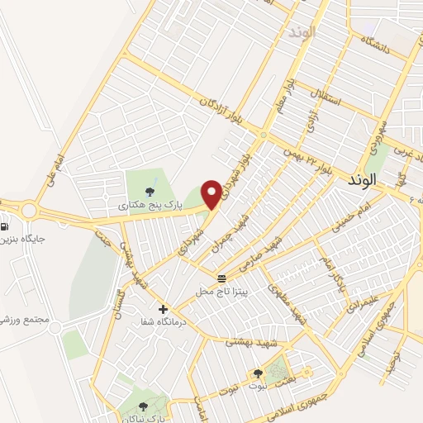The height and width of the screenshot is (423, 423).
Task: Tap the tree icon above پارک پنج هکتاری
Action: pyautogui.click(x=150, y=192)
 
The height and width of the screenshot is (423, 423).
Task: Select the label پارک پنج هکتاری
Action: pyautogui.click(x=147, y=203)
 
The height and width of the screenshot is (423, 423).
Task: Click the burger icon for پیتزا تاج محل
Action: pyautogui.click(x=221, y=278)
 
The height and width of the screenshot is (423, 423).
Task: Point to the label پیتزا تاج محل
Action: pyautogui.click(x=221, y=292)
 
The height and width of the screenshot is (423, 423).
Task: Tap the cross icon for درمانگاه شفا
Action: pyautogui.click(x=163, y=309)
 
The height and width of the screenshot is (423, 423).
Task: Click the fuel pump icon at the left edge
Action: pyautogui.click(x=5, y=226)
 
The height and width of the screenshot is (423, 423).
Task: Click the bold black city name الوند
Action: pyautogui.click(x=362, y=178)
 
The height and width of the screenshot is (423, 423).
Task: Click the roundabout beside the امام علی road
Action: pyautogui.click(x=30, y=210)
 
